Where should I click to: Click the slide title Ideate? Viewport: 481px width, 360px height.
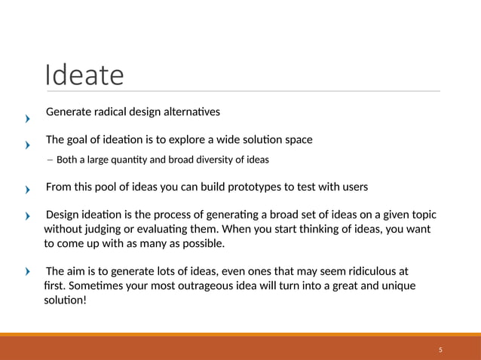[84, 75]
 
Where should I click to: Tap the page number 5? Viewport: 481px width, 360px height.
[440, 351]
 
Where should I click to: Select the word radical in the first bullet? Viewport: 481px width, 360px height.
[110, 112]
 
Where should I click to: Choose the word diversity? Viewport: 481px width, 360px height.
[216, 160]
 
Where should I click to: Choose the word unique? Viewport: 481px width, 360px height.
[396, 286]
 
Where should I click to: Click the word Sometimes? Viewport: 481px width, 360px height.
[92, 286]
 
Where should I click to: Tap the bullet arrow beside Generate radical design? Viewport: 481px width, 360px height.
[27, 118]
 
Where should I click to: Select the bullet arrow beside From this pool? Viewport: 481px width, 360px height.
[27, 191]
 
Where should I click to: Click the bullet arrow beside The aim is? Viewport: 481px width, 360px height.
[27, 272]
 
